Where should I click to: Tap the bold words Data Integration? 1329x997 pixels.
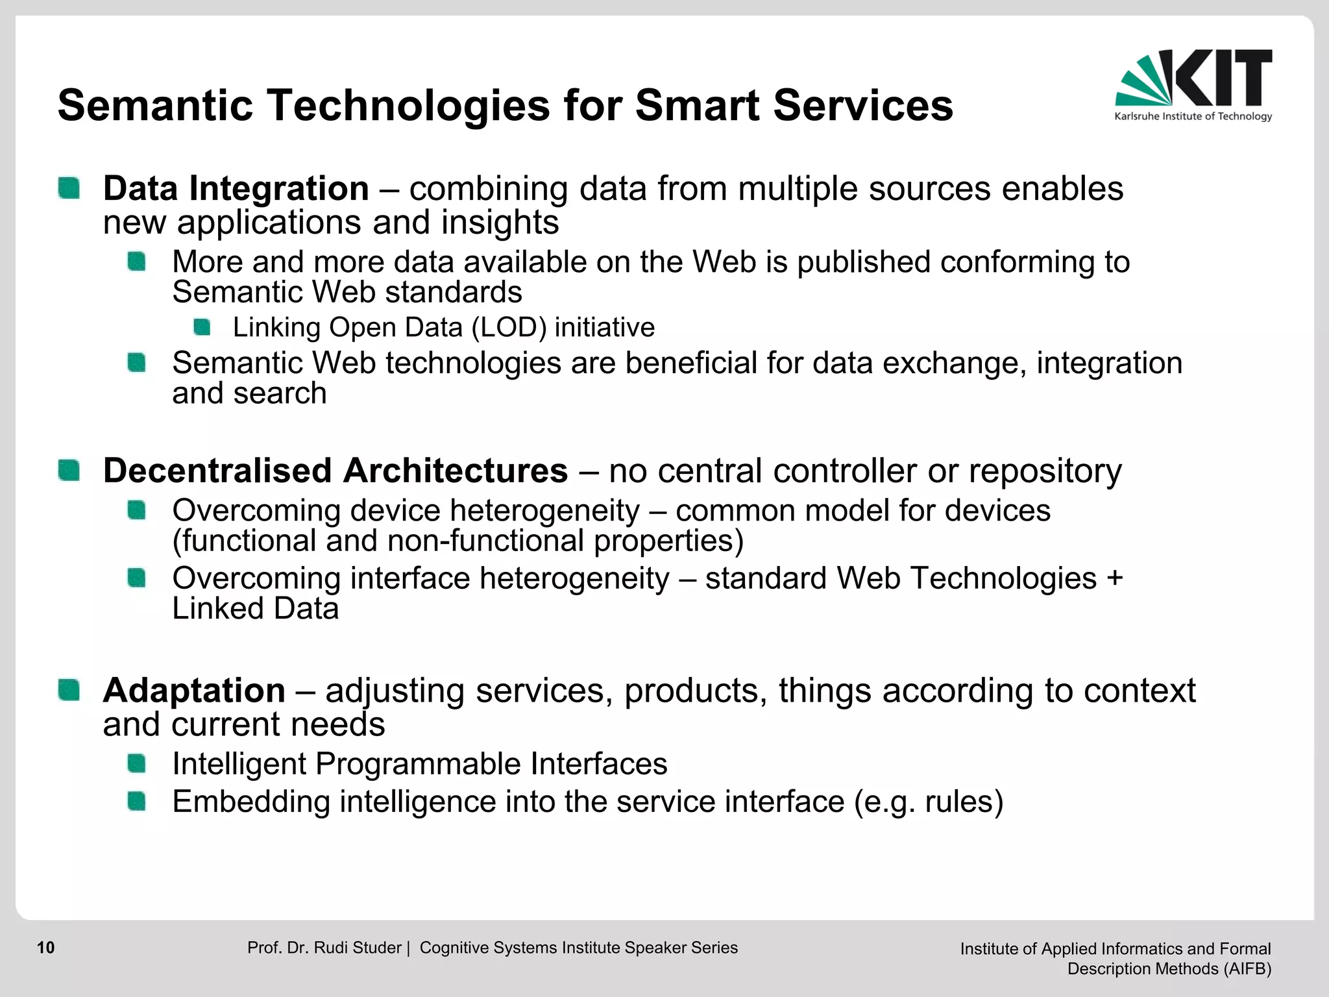[x=236, y=189]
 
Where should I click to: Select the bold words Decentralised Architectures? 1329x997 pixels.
[x=335, y=471]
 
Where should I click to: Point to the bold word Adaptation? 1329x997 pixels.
[x=194, y=690]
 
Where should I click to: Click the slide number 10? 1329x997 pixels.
[x=46, y=948]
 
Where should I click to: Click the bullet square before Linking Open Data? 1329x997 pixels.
[x=202, y=327]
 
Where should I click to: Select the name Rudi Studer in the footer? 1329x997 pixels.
[x=358, y=948]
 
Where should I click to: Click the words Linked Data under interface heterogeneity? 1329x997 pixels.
[x=255, y=609]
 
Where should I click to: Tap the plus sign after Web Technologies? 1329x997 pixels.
[x=1114, y=578]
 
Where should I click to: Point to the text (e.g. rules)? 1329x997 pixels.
[x=929, y=802]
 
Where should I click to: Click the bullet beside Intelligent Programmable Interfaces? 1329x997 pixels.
[x=137, y=763]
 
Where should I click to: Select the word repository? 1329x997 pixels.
[x=1045, y=471]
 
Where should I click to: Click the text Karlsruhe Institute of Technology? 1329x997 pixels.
[x=1193, y=116]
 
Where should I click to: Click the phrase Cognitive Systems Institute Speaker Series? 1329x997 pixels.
[x=578, y=948]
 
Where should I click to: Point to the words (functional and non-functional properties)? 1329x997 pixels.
[x=457, y=541]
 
